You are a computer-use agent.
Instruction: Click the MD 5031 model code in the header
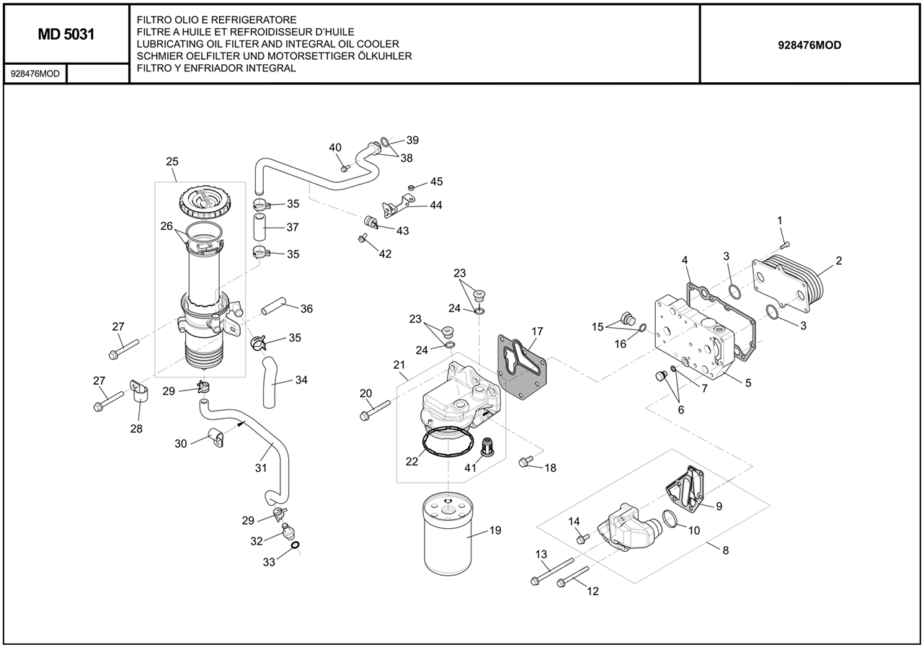click(x=66, y=35)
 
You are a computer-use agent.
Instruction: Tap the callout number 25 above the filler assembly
click(x=172, y=161)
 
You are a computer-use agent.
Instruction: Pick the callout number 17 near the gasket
click(x=537, y=332)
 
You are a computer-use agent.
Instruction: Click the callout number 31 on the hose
click(x=261, y=468)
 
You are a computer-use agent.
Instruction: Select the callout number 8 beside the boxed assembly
click(x=725, y=550)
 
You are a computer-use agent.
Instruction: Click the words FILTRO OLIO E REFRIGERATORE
click(x=206, y=19)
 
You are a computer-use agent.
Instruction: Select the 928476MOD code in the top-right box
click(x=809, y=45)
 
